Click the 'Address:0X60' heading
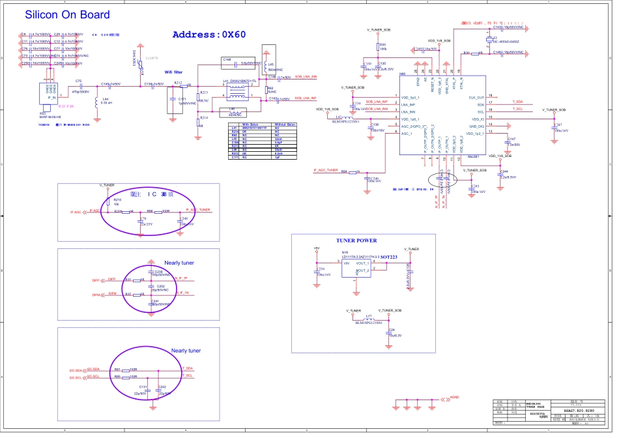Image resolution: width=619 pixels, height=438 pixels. point(209,35)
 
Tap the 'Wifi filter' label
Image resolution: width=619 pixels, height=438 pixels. point(173,72)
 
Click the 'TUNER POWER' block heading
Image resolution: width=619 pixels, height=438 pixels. point(356,241)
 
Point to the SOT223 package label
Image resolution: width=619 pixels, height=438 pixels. point(390,257)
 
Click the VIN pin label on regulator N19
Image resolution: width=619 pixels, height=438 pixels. point(347,263)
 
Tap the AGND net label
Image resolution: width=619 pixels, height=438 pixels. point(454,397)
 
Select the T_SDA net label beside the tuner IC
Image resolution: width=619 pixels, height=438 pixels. point(517,102)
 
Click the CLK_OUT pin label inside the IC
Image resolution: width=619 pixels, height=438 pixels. point(476,97)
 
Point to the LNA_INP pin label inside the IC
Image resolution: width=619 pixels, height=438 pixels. point(408,104)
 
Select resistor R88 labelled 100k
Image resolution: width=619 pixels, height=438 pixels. point(382,47)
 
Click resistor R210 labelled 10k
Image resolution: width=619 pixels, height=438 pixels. point(117,201)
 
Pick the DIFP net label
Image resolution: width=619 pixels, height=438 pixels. point(95,279)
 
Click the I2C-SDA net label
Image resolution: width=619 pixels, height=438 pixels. point(75,370)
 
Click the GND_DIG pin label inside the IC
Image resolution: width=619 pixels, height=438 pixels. point(476,126)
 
